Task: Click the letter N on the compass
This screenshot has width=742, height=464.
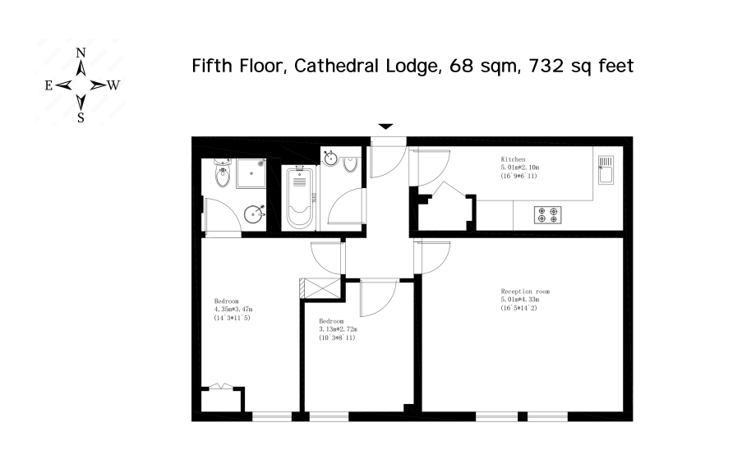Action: click(81, 53)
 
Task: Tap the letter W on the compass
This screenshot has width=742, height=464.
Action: click(113, 85)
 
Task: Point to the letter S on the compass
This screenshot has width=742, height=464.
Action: click(81, 117)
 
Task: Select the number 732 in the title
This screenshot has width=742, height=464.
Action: click(546, 66)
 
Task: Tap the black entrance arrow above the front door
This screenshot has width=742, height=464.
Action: click(386, 126)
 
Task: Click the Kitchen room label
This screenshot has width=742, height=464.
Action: click(513, 159)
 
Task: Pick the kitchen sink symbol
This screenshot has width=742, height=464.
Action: click(606, 169)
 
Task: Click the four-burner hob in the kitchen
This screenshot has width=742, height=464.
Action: click(548, 214)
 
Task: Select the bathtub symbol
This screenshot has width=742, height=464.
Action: click(299, 197)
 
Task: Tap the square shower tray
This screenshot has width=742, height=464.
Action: click(251, 173)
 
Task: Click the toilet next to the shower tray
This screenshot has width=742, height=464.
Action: click(223, 172)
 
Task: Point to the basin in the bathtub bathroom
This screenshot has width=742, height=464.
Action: click(331, 158)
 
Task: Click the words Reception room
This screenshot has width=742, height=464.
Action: click(525, 292)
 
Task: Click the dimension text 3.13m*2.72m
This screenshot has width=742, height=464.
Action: click(338, 329)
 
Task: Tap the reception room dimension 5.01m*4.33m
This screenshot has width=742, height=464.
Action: click(520, 300)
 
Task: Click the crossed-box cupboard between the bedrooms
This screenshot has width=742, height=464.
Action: click(320, 288)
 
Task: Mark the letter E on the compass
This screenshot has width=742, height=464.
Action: click(48, 85)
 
